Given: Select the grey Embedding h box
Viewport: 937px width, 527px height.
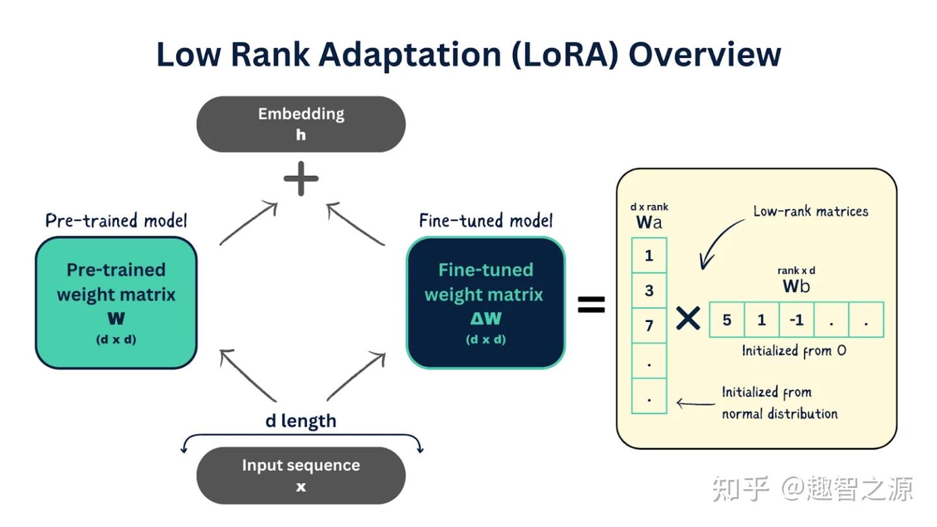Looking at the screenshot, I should [x=301, y=124].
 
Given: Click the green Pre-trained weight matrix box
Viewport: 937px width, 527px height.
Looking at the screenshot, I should [x=116, y=303].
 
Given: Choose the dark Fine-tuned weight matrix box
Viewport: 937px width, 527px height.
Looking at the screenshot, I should [x=485, y=303].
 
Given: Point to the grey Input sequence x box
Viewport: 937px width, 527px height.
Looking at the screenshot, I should [x=301, y=475].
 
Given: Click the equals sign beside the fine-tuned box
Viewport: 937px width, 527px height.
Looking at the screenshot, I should [x=591, y=304].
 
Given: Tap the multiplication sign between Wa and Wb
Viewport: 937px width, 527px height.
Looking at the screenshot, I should [x=688, y=319].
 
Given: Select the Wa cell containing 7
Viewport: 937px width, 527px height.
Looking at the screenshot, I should [x=649, y=325].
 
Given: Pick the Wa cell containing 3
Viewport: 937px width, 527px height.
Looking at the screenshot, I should [x=649, y=290].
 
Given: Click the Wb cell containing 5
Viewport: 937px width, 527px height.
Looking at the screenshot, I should [x=727, y=319].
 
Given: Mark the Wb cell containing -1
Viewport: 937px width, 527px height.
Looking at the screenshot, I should [x=796, y=319].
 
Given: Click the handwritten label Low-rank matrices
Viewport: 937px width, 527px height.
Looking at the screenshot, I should [x=810, y=211].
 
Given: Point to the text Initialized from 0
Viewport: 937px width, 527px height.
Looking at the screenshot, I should [x=794, y=351].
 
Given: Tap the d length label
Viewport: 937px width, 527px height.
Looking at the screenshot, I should [x=301, y=421].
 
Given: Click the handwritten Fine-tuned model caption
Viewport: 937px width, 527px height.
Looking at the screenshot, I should [x=485, y=221].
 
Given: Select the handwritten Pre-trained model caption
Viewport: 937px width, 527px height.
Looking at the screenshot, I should [x=116, y=221].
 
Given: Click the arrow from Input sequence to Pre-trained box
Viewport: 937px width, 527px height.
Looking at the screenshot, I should [x=249, y=375].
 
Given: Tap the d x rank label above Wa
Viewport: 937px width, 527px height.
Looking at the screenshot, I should [x=649, y=207].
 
